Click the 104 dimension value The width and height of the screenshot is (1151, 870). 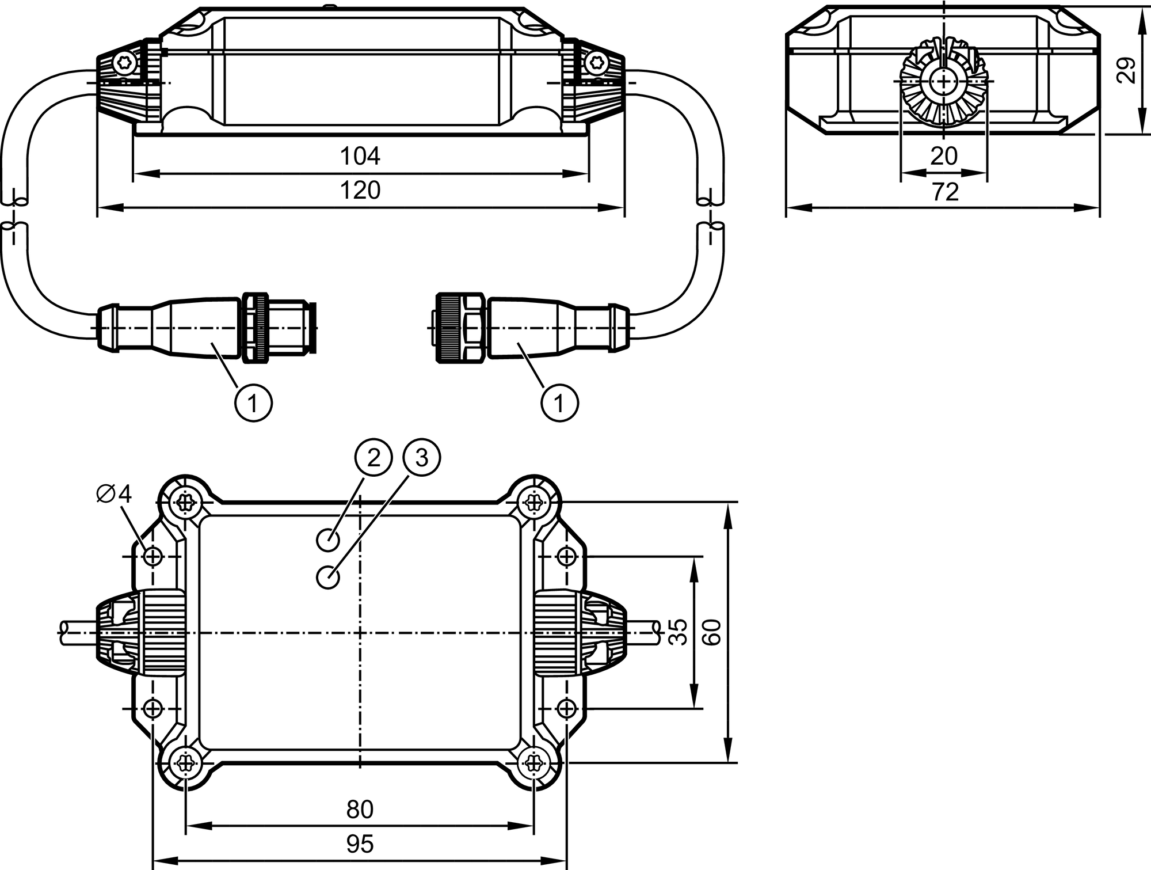click(x=360, y=156)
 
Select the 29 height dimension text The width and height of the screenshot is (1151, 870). click(x=1126, y=70)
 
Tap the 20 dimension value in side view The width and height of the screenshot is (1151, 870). click(x=944, y=156)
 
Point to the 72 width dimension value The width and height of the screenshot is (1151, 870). click(x=945, y=192)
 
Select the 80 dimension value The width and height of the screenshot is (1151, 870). click(x=360, y=810)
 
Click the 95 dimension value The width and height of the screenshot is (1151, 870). click(x=360, y=844)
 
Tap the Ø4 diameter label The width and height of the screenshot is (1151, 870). click(x=115, y=493)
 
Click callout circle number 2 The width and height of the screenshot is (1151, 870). click(x=373, y=458)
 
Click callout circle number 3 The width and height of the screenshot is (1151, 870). click(x=422, y=458)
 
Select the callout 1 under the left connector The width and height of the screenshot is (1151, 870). click(x=253, y=403)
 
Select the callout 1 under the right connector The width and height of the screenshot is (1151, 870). click(x=559, y=403)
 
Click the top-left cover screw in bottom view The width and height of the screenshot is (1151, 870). click(x=185, y=503)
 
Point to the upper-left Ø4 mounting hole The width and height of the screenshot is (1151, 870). click(x=153, y=557)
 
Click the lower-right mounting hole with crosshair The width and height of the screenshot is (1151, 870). click(x=567, y=708)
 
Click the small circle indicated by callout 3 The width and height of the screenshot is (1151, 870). click(x=328, y=577)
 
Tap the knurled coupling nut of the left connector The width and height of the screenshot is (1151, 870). click(x=255, y=328)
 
